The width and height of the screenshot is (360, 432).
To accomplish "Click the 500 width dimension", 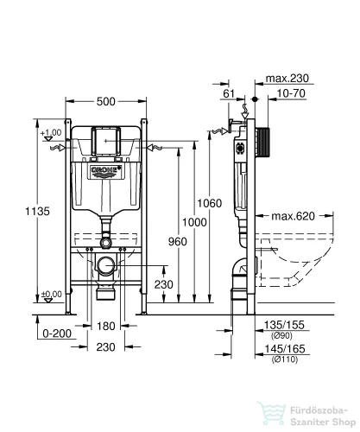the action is (x=106, y=101).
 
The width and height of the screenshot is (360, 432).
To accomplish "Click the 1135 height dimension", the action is (x=37, y=212).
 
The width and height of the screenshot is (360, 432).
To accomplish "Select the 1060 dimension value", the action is (x=210, y=203).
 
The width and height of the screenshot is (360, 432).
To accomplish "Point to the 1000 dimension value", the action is (x=194, y=222).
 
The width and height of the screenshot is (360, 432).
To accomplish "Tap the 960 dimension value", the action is (x=178, y=242).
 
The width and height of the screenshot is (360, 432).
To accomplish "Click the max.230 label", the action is (x=287, y=78).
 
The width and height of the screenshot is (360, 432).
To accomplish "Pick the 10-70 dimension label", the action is (x=291, y=93).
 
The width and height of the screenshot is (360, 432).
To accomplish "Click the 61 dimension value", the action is (x=229, y=93).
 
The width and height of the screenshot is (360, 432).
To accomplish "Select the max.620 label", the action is (x=294, y=216).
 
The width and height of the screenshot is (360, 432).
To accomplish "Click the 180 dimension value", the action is (x=106, y=326).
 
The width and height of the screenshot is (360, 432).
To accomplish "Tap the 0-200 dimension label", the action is (x=57, y=334).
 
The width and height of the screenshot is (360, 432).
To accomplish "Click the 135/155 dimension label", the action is (x=284, y=325).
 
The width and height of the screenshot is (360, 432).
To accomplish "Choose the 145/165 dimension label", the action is (x=285, y=349).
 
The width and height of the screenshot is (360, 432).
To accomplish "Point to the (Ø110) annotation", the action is (x=285, y=359).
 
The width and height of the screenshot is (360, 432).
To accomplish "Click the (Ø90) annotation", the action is (x=281, y=335).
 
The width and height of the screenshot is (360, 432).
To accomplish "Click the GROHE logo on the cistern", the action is (x=106, y=170).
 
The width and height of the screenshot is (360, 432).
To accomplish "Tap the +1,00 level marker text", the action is (x=51, y=132).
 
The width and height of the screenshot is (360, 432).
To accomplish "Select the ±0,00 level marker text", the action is (x=52, y=294).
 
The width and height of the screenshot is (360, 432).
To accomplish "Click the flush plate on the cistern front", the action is (x=106, y=141).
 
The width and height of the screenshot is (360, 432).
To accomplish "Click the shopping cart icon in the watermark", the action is (x=272, y=414).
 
